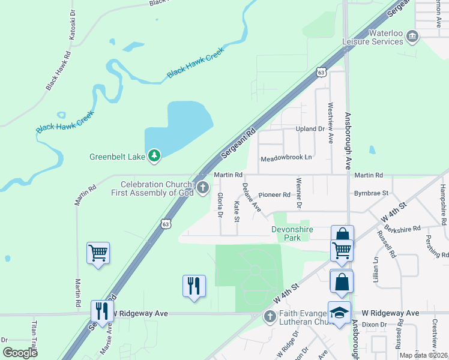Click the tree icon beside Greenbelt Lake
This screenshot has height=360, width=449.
point(155,157)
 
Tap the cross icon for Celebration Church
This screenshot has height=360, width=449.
point(203,188)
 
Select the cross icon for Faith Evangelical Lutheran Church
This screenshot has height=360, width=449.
point(270,316)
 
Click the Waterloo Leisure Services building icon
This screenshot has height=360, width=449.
point(412,37)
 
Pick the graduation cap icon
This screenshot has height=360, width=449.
point(339,313)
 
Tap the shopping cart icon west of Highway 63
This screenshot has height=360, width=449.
point(98,253)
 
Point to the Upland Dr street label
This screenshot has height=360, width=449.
point(310,129)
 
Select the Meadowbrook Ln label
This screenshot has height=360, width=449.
point(286,159)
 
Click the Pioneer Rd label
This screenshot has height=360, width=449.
point(274,195)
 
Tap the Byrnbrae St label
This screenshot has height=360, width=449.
point(372,194)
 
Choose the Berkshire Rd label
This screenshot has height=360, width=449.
point(403,229)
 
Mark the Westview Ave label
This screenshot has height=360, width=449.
point(330,122)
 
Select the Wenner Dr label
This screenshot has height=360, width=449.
point(298,191)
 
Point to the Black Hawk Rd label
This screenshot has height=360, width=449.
point(58,71)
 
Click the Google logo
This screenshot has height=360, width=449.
point(20,353)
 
